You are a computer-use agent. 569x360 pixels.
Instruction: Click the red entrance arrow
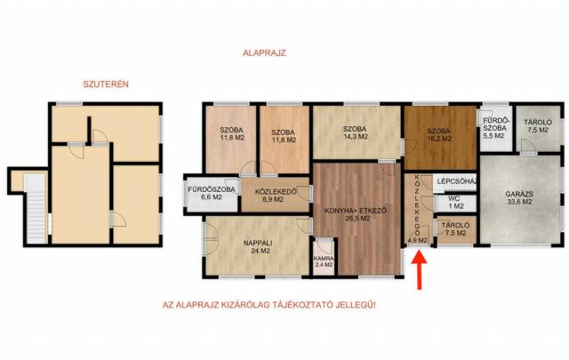(420, 270)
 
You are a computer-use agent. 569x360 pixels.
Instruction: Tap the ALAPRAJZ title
(264, 53)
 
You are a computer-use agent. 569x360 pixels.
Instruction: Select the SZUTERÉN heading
(106, 84)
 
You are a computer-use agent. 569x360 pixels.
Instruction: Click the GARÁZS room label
(519, 194)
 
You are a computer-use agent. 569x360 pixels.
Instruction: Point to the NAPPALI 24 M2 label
(258, 247)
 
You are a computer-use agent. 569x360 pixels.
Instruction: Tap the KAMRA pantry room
(324, 258)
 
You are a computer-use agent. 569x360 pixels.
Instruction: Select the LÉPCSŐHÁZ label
(456, 180)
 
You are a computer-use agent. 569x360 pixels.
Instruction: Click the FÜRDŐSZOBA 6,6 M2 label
(212, 194)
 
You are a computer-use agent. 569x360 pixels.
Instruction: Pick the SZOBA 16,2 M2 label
(438, 135)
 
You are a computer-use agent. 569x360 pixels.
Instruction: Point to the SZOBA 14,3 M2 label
(356, 132)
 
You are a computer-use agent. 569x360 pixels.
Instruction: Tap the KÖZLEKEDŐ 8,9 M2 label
(276, 196)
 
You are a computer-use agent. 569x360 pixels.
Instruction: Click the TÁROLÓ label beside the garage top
(538, 123)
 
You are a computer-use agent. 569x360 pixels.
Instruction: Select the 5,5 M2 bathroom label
(494, 136)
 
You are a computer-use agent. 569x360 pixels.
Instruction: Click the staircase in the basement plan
(36, 210)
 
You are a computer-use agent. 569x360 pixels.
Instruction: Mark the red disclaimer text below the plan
(268, 305)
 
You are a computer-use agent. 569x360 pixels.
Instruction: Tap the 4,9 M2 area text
(417, 240)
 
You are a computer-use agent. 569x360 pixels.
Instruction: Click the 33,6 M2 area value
(519, 202)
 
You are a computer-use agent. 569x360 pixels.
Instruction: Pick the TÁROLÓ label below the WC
(455, 226)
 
